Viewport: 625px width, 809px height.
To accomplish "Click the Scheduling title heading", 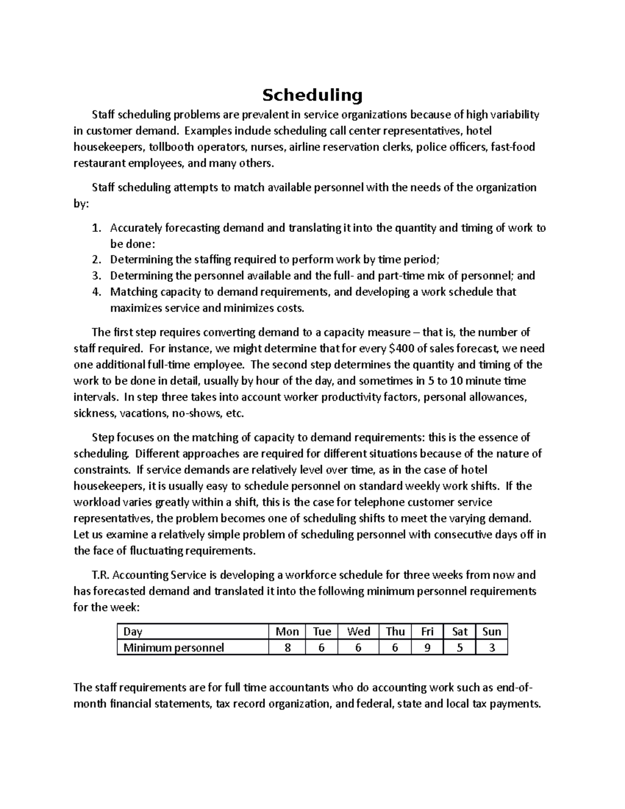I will pyautogui.click(x=312, y=95).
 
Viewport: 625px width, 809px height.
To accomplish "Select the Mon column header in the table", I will pyautogui.click(x=287, y=631).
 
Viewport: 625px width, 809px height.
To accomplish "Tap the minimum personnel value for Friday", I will pyautogui.click(x=427, y=648).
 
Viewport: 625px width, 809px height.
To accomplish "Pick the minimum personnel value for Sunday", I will pyautogui.click(x=491, y=648).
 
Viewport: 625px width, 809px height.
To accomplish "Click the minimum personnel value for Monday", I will pyautogui.click(x=287, y=648).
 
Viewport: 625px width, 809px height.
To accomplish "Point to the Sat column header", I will pyautogui.click(x=459, y=631).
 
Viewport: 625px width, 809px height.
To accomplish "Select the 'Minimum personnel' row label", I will pyautogui.click(x=173, y=648).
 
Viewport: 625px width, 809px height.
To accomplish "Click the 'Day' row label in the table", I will pyautogui.click(x=133, y=631).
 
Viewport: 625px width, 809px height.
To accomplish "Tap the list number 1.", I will pyautogui.click(x=95, y=228).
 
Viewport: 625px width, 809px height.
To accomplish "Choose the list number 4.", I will pyautogui.click(x=95, y=292).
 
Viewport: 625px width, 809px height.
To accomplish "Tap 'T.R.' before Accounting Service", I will pyautogui.click(x=101, y=575).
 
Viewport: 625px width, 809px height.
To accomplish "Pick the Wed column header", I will pyautogui.click(x=358, y=631).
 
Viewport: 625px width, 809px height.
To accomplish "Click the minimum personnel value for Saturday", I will pyautogui.click(x=459, y=648).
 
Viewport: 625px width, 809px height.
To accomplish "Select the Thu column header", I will pyautogui.click(x=395, y=631).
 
